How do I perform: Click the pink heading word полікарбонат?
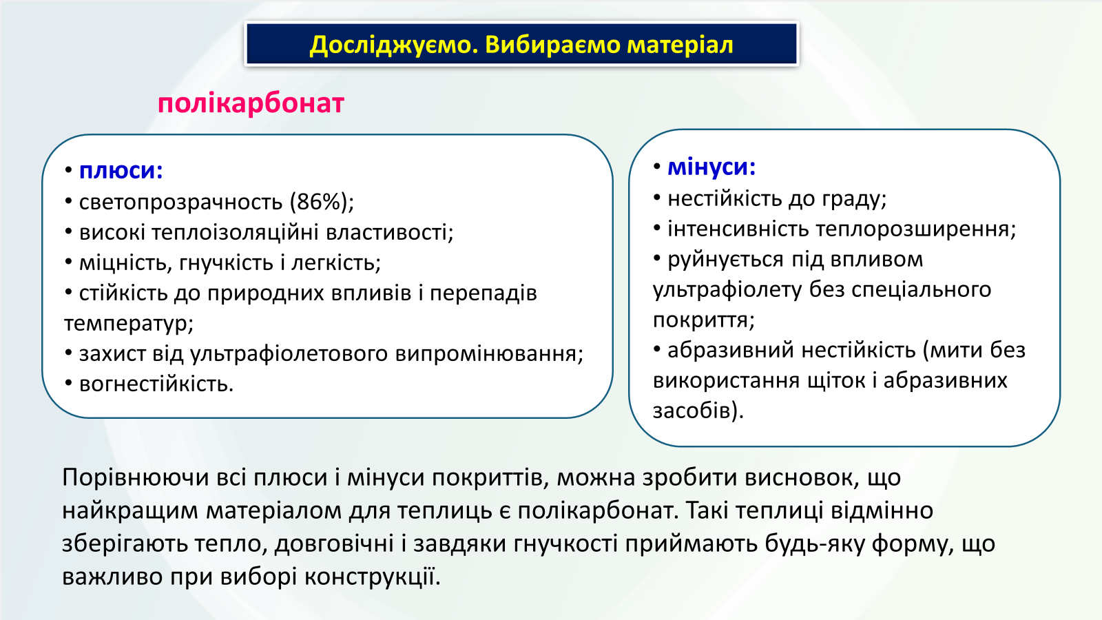(251, 104)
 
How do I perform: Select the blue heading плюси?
(121, 171)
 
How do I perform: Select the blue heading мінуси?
(711, 167)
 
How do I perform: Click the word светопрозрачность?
(180, 203)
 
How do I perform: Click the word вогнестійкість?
(156, 384)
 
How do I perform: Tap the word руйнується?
(726, 260)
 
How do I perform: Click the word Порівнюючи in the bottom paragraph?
(136, 478)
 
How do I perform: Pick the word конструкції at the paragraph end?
(373, 577)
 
